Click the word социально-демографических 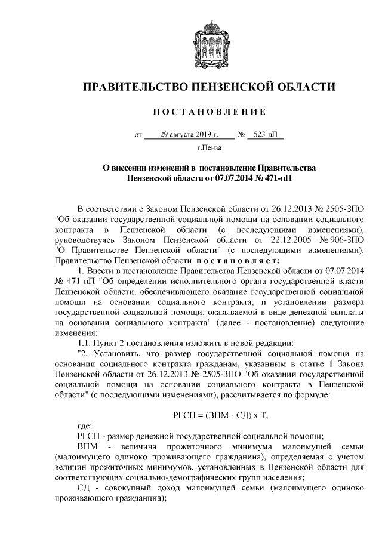(184, 477)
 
